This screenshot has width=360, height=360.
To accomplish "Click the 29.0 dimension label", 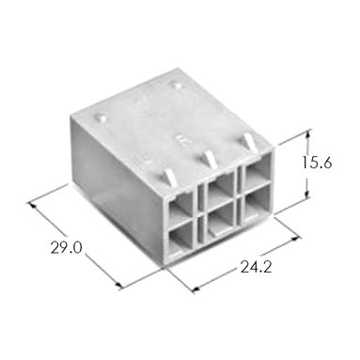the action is (x=67, y=248).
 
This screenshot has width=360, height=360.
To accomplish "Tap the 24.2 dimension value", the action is (x=256, y=267).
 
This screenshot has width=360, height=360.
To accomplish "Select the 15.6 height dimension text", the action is (x=317, y=163).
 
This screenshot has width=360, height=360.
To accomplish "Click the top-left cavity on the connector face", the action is (x=180, y=206).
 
